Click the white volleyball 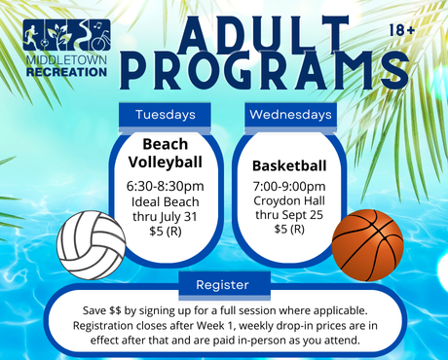(x=92, y=242)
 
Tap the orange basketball (x=367, y=244)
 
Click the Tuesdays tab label (x=166, y=115)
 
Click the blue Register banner (x=223, y=285)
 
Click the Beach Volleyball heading (x=166, y=154)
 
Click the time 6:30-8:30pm (x=166, y=186)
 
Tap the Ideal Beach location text (x=166, y=201)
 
